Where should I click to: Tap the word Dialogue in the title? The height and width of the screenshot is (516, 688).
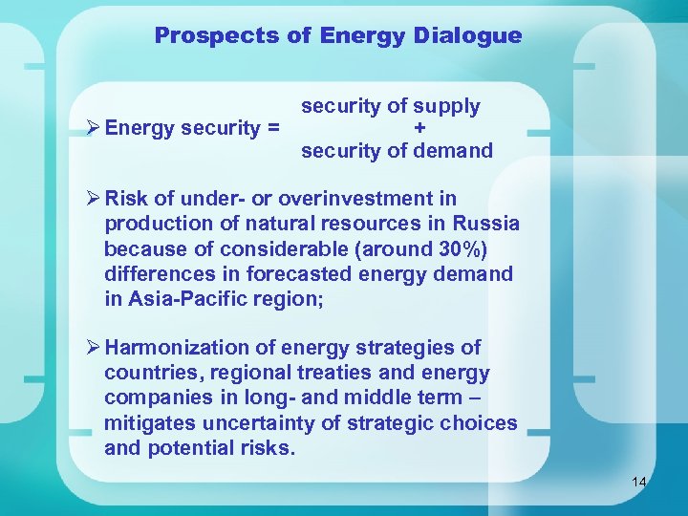coord(468,36)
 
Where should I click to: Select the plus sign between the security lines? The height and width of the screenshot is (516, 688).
coord(419,128)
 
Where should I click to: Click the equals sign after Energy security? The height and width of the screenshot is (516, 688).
coord(273,128)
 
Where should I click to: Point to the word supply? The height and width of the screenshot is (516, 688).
coord(448,107)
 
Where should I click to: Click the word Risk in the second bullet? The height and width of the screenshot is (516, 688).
coord(126,199)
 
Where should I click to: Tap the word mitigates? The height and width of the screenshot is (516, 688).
coord(148,422)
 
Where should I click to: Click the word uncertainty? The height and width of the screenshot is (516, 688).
coord(259,422)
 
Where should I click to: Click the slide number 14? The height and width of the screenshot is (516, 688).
coord(639,482)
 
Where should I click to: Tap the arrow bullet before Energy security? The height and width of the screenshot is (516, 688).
coord(93,128)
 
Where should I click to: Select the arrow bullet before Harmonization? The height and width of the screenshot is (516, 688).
coord(93,348)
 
